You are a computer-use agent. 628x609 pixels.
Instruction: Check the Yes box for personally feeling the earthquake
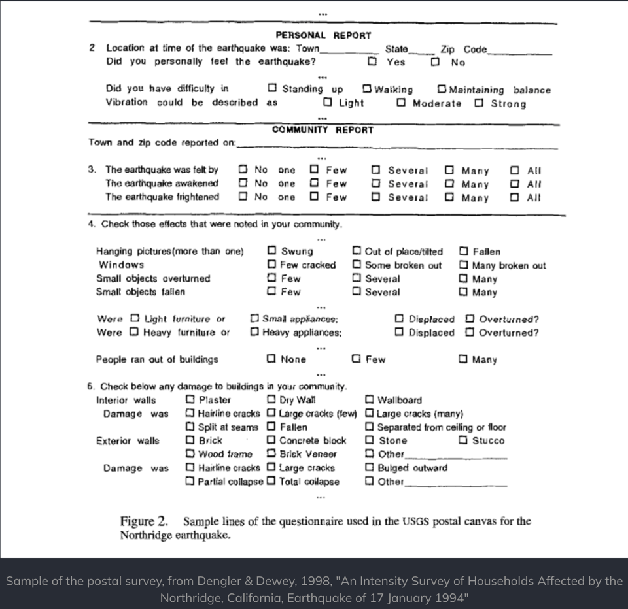click(x=372, y=62)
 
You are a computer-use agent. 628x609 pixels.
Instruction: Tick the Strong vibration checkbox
click(x=480, y=103)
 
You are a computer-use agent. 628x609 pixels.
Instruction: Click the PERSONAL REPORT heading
click(x=323, y=35)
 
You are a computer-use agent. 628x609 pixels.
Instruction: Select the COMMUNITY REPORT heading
click(x=323, y=129)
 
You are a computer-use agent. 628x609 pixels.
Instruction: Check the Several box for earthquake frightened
click(x=376, y=197)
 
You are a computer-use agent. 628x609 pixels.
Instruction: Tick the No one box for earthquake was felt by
click(x=243, y=170)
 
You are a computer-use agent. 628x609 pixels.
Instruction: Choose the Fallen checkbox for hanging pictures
click(x=463, y=251)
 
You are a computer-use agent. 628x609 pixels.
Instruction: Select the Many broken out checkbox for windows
click(x=463, y=265)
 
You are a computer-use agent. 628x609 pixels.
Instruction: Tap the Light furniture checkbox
click(x=135, y=319)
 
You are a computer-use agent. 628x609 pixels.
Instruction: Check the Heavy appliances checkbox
click(x=254, y=333)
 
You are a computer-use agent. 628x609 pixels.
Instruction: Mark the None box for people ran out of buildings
click(x=271, y=359)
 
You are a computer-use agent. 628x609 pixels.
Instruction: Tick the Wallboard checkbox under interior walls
click(x=370, y=399)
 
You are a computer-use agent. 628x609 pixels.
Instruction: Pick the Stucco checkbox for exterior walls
click(x=463, y=440)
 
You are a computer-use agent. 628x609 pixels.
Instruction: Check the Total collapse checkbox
click(x=271, y=482)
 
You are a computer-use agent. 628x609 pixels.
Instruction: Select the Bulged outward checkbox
click(x=370, y=467)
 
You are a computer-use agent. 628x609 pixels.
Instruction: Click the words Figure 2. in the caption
click(x=144, y=521)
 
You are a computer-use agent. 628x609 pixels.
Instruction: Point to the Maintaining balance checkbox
click(x=442, y=90)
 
